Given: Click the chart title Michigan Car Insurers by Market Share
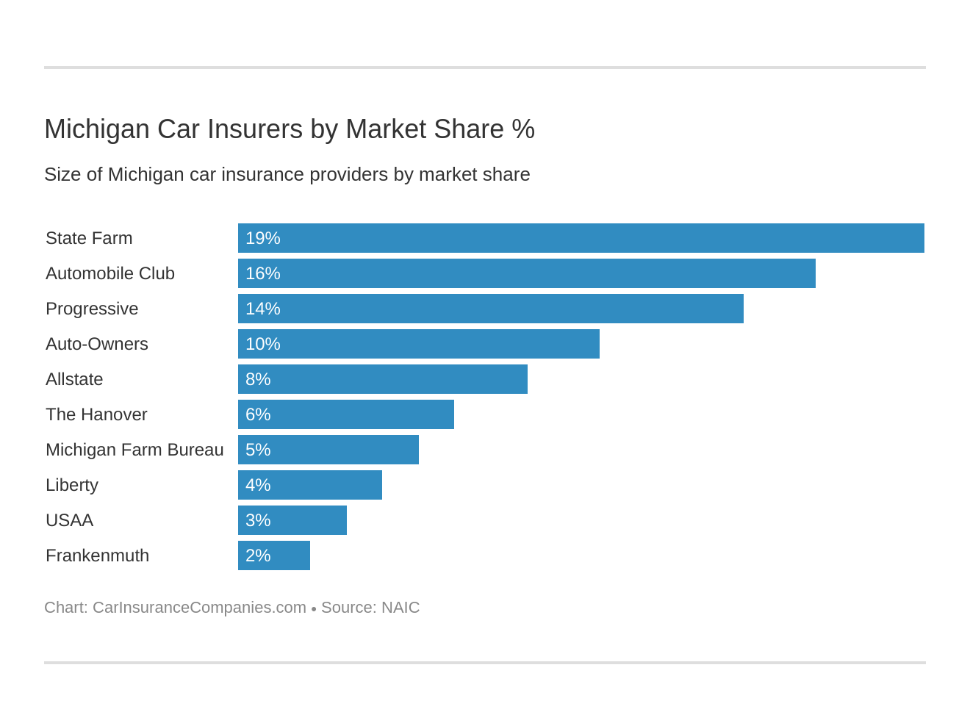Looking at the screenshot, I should coord(289,129).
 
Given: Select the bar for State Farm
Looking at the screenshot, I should coord(581,238).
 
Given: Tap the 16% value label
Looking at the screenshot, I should coord(262,273).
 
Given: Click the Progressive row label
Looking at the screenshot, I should coord(92,309).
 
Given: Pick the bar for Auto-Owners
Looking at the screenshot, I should coord(419,344).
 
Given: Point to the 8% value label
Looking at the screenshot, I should coord(258,379).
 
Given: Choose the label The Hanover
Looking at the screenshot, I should coord(96,414).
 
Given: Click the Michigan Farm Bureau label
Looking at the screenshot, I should coord(134,450).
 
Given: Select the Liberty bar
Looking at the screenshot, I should coord(310,485).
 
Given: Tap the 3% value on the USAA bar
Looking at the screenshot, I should coord(258,520).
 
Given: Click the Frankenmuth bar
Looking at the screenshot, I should coord(274,555).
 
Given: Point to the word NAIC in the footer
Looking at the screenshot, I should coord(400,608).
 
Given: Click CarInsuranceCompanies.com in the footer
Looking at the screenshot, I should coord(199,608).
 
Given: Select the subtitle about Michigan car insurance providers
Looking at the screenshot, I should coord(287,175).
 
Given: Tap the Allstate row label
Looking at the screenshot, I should coord(74,379).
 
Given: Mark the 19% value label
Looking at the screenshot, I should coord(262,238).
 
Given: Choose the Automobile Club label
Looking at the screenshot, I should coord(110,273).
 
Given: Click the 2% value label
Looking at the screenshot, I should coord(258,555).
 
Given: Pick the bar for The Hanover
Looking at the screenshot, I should coord(346,414).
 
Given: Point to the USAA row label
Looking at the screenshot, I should coord(69,520).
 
